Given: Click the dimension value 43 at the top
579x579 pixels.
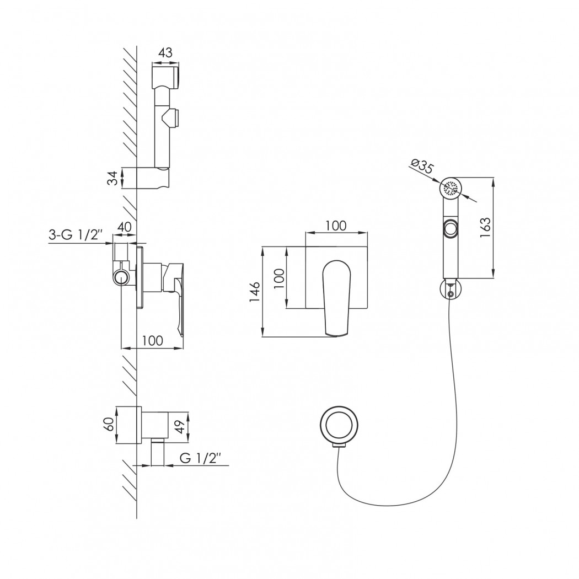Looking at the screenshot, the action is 165,53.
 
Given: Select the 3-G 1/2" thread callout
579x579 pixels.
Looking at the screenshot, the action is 75,235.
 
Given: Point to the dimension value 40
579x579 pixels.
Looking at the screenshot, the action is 124,227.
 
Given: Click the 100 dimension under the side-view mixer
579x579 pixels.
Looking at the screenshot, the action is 153,340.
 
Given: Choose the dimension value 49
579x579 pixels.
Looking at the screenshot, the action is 181,427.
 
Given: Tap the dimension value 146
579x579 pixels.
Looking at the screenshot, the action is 255,292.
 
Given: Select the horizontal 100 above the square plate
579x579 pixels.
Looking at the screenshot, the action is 336,226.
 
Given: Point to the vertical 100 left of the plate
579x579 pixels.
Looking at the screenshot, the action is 280,278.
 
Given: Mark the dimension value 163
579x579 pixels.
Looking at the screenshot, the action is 486,227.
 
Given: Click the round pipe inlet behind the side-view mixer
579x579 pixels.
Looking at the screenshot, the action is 122,277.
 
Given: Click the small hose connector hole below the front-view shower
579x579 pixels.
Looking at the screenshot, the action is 450,294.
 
